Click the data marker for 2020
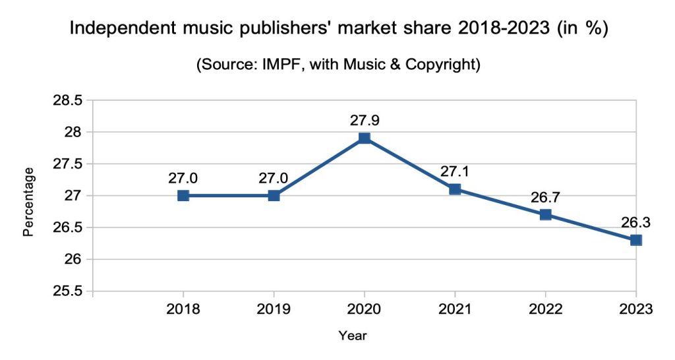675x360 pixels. (x=365, y=138)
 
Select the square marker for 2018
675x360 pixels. (x=183, y=195)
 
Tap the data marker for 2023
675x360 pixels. (x=635, y=240)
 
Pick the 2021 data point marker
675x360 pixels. (x=455, y=189)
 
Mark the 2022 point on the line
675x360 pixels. (x=545, y=214)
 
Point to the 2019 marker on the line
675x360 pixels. (x=274, y=195)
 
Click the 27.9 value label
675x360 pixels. (x=365, y=121)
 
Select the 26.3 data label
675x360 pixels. (x=635, y=222)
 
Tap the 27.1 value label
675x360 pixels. (x=455, y=171)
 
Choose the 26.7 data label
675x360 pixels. (x=545, y=196)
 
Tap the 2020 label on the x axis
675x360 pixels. (x=365, y=309)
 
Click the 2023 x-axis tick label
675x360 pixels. (x=635, y=309)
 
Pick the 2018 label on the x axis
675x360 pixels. (x=183, y=309)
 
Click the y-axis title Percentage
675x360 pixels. (x=28, y=202)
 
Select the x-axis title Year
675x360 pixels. (x=353, y=336)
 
